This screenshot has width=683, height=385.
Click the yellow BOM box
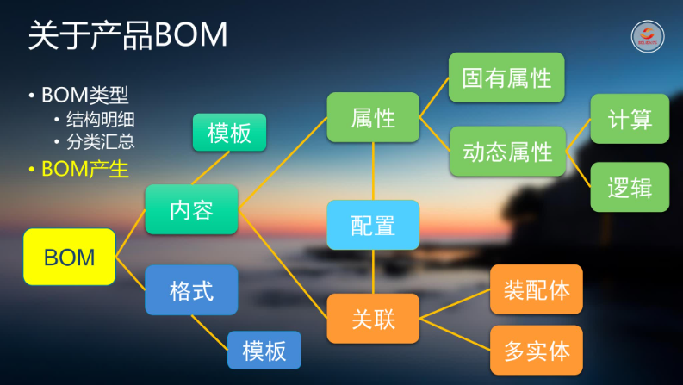[x=69, y=257]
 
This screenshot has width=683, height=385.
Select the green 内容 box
[x=191, y=209]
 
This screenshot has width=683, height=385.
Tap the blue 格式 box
[x=191, y=289]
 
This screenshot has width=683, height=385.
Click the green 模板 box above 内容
[x=229, y=133]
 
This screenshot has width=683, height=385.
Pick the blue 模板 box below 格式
[x=264, y=350]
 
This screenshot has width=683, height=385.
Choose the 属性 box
[x=373, y=116]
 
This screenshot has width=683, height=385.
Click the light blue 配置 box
[x=373, y=225]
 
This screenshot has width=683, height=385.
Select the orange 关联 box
[x=373, y=318]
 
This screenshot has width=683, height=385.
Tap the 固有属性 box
[x=506, y=78]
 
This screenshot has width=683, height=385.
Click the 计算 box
[x=630, y=119]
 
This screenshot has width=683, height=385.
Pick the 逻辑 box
[x=630, y=187]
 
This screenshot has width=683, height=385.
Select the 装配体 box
[x=537, y=289]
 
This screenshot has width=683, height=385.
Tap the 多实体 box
[x=537, y=350]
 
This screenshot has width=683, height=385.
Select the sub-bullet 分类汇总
[x=100, y=141]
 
